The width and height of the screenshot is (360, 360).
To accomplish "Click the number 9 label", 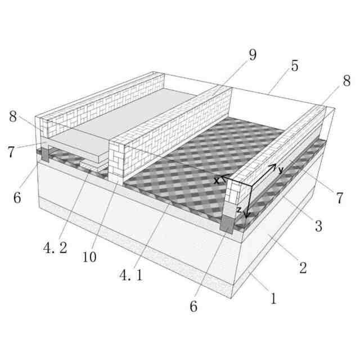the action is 253,55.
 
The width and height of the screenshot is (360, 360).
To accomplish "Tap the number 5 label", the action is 295,66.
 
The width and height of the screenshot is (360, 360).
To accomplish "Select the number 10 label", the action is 89,257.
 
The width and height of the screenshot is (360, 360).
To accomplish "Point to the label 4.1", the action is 131,275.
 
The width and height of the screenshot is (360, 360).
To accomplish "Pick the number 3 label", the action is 318,226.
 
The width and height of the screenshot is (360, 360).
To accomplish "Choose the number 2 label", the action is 303,268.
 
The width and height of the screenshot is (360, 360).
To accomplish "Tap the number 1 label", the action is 273,299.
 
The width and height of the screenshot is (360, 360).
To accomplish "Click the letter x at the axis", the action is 216,181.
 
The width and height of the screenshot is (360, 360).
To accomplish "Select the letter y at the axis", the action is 281,170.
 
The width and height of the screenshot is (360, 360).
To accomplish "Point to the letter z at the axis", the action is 239,210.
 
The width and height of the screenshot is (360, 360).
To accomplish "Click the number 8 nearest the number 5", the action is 346,80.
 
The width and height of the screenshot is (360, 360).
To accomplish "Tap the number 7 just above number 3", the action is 340,197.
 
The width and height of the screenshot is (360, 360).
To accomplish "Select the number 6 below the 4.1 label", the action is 193,306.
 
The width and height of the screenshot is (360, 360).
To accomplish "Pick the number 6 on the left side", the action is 17,197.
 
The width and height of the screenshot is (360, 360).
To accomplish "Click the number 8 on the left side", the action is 13,116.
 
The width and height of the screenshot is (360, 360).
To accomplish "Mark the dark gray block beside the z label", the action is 227,224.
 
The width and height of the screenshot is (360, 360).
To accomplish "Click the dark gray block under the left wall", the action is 45,155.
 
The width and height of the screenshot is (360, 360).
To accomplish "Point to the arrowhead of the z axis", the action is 246,215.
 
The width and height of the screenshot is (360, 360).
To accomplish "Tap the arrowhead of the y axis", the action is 274,166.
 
